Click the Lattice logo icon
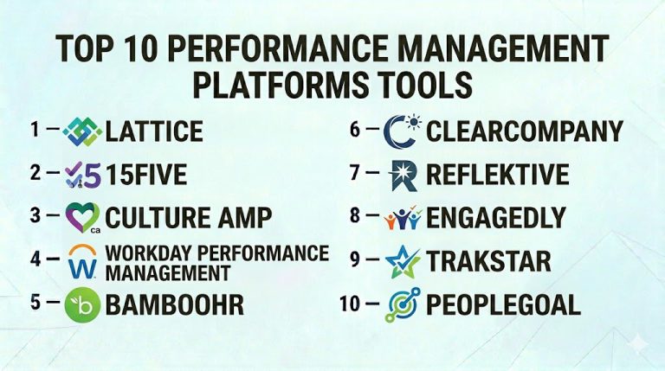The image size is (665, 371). pos(82,131)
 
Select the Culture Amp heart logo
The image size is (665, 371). pos(83,217)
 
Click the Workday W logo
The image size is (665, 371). pos(83,260)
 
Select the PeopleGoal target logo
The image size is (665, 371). pos(403,304)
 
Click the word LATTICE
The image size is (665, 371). pos(153,131)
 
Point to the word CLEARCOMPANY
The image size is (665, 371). pos(525,131)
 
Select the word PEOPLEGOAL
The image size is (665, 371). pos(503,304)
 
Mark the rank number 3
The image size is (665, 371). pos(36,215)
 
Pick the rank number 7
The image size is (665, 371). pos(355,172)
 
